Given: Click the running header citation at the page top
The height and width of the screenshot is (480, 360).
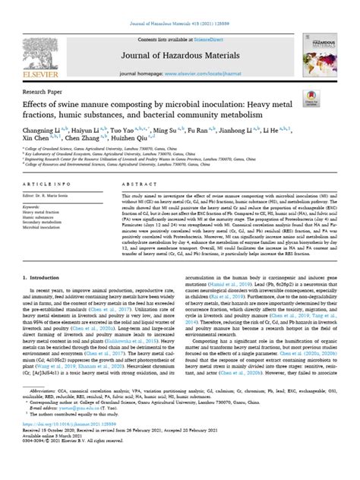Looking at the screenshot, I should [x=180, y=6].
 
